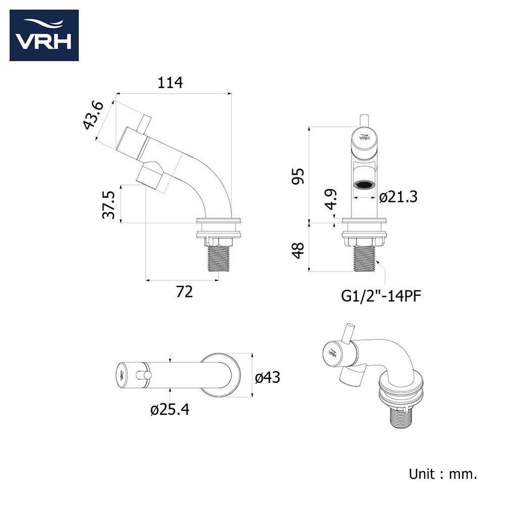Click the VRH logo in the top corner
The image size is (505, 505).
pos(44,35)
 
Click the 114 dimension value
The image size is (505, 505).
pos(170,83)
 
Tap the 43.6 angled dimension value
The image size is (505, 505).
pos(93,115)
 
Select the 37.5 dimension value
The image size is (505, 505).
pos(108,205)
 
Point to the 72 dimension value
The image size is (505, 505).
pos(184,292)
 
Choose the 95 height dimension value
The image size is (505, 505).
pos(297,176)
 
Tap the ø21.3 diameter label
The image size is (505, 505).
pos(398,197)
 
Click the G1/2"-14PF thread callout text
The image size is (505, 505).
pos(381,296)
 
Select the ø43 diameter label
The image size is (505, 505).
pos(268,377)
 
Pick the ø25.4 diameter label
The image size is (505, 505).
pos(170,410)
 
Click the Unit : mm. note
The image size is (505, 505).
pos(443,474)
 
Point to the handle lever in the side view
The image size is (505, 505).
pos(143,123)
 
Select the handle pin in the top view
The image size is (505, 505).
pos(143,375)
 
